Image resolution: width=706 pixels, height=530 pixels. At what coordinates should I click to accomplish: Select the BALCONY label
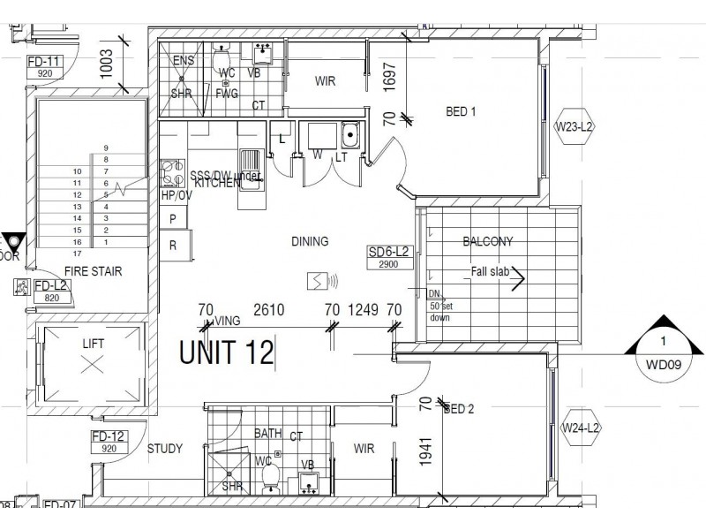click(x=487, y=240)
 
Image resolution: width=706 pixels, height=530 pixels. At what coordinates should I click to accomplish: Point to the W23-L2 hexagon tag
click(x=575, y=127)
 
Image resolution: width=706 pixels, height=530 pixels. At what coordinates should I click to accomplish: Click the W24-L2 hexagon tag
click(x=581, y=428)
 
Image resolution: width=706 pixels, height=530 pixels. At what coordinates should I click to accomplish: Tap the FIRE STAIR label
click(x=94, y=271)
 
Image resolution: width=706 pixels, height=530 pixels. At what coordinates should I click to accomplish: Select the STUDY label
click(x=165, y=449)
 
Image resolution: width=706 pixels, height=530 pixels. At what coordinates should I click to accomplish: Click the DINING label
click(x=309, y=240)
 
